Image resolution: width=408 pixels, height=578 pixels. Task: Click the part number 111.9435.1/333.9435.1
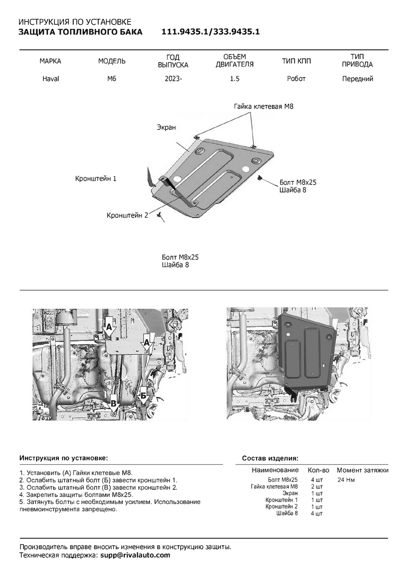tap(211, 32)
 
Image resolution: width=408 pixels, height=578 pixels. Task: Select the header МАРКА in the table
tap(50, 61)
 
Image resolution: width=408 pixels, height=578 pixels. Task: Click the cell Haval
tap(50, 79)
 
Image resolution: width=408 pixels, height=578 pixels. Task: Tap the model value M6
tap(112, 79)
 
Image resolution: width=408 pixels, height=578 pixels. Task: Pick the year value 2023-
tap(173, 79)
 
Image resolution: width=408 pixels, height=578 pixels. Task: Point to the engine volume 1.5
tap(234, 79)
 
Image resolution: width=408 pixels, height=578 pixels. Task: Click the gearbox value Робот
tap(296, 79)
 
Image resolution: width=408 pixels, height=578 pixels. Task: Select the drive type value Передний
tap(358, 79)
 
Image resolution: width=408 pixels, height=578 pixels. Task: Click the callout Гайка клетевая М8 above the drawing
tap(263, 106)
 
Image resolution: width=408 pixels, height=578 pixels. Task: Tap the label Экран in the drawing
tap(166, 127)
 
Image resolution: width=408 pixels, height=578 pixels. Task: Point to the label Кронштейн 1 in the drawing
tap(95, 179)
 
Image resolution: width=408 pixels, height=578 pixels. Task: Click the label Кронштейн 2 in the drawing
tap(127, 215)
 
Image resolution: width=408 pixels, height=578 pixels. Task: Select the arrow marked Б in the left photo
tap(143, 397)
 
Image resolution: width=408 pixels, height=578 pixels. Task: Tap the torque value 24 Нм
tap(346, 480)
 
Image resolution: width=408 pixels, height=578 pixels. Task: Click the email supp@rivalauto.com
tap(135, 555)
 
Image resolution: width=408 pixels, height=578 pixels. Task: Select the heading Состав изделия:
tap(270, 459)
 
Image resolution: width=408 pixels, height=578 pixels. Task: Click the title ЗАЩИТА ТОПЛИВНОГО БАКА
tap(80, 32)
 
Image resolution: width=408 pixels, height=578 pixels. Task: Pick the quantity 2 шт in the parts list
tap(317, 487)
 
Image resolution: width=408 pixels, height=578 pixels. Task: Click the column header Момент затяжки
tap(362, 470)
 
